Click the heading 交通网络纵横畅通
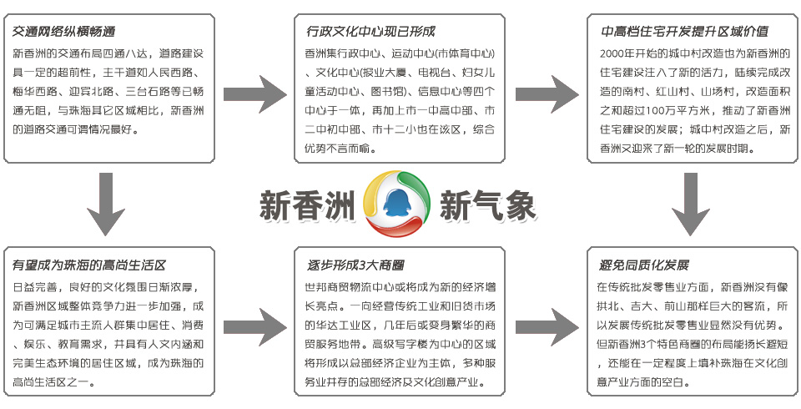pos(64,32)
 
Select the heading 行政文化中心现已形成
pos(370,32)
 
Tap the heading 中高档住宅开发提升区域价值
pos(684,32)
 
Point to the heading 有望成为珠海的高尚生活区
pos(89,265)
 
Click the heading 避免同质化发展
pos(644,265)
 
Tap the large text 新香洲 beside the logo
pos(308,205)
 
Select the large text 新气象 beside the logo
pos(488,205)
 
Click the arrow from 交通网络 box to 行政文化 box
pos(255,94)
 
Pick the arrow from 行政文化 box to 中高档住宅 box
pos(547,94)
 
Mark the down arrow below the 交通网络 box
pos(106,204)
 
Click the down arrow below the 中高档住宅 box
pos(691,204)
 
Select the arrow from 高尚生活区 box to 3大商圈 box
pos(255,326)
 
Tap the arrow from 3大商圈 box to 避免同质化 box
pos(547,326)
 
